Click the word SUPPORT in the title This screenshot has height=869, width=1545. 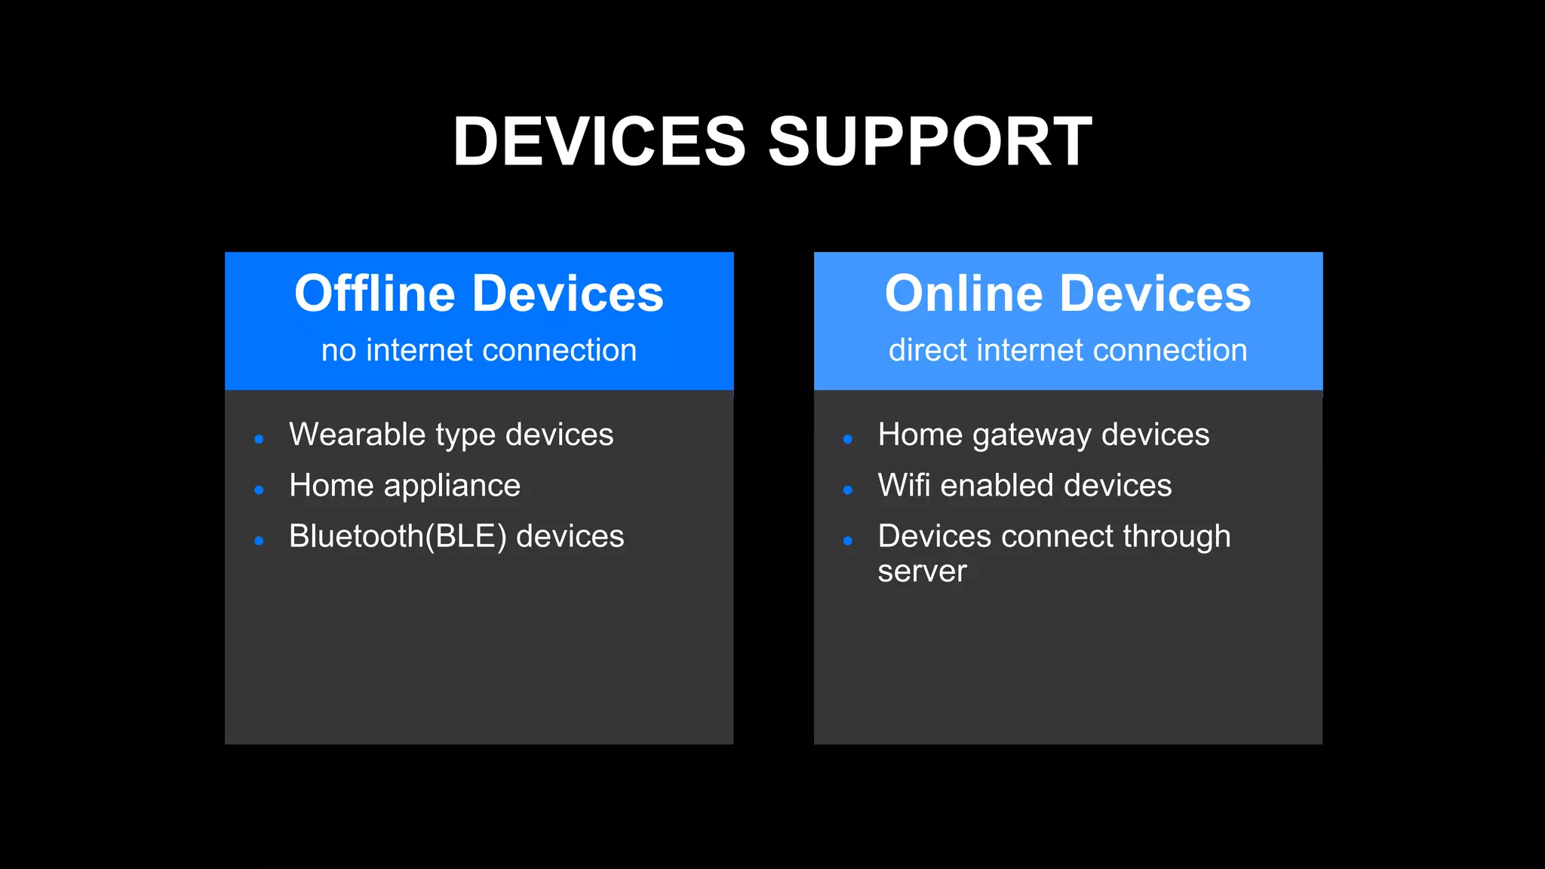pos(929,141)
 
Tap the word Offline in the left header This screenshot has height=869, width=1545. pos(375,293)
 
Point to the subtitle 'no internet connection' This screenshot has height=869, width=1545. pos(479,350)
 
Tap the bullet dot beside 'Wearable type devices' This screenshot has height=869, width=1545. pos(259,439)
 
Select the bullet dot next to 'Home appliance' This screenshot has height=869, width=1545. pos(259,490)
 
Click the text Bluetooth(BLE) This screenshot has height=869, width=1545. pos(398,536)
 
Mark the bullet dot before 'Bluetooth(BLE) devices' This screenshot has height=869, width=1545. pos(259,541)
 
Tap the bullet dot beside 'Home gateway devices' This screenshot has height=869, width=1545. pos(848,439)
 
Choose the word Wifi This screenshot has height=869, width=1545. pos(904,485)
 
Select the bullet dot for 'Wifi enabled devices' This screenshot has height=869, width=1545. pos(848,490)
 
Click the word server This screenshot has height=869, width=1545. pos(922,572)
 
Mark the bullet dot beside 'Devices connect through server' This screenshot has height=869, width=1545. pos(848,541)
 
